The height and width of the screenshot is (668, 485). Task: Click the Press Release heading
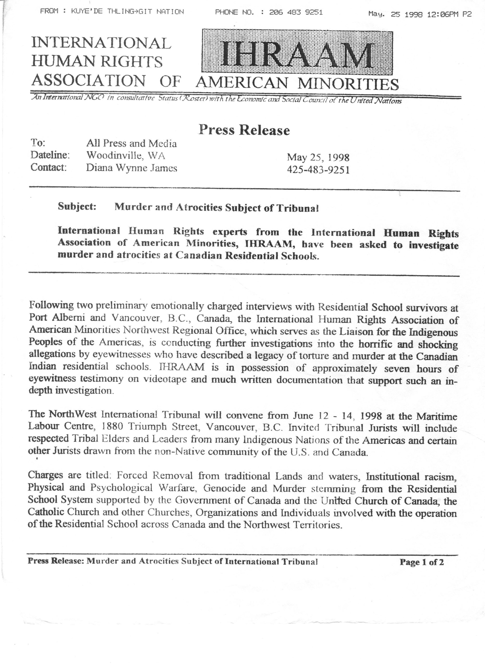(244, 130)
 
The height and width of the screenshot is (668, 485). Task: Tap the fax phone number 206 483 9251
(296, 12)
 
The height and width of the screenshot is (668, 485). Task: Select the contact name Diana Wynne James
(132, 168)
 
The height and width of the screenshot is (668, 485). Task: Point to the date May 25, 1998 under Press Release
(318, 157)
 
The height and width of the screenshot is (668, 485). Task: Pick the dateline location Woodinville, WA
(125, 155)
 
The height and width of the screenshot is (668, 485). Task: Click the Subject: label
(77, 206)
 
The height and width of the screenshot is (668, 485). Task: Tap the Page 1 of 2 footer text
(421, 562)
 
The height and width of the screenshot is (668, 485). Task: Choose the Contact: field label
(49, 167)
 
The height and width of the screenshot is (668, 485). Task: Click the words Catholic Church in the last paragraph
(64, 512)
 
